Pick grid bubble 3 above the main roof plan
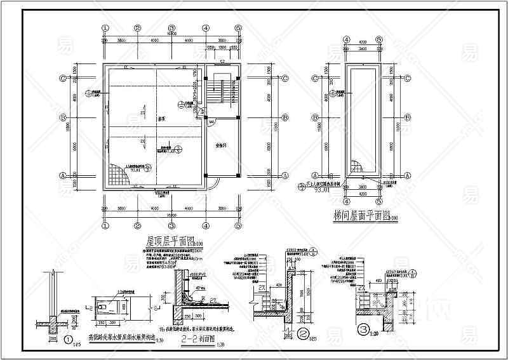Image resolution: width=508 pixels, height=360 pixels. [171, 29]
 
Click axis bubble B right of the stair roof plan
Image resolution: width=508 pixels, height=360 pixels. [411, 117]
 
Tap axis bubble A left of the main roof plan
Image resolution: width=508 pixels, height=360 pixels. [63, 175]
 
